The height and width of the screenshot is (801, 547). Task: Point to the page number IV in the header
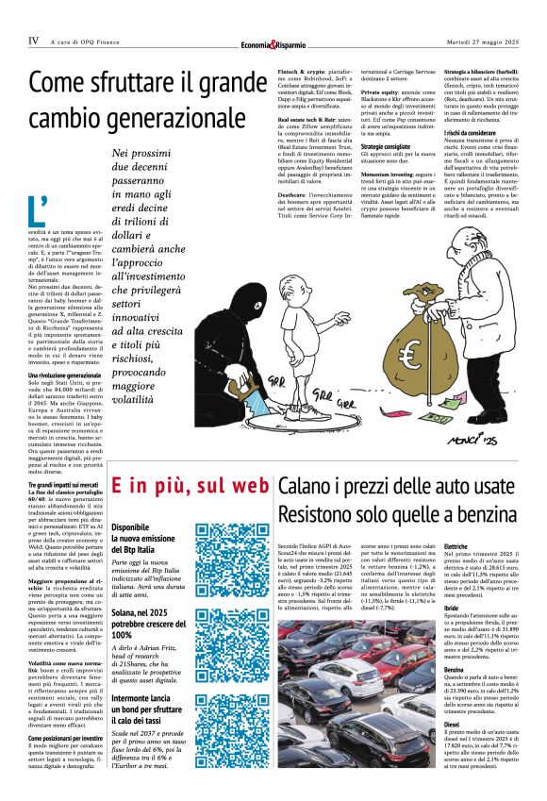coord(33,41)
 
